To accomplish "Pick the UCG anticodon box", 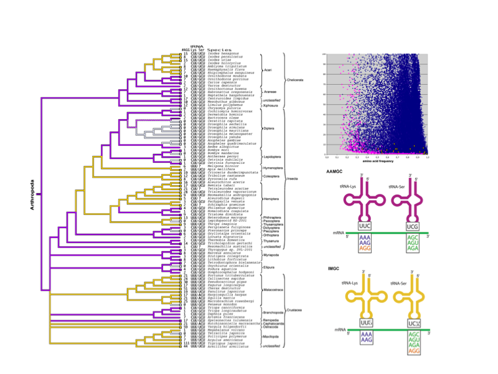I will tap(411, 226).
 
